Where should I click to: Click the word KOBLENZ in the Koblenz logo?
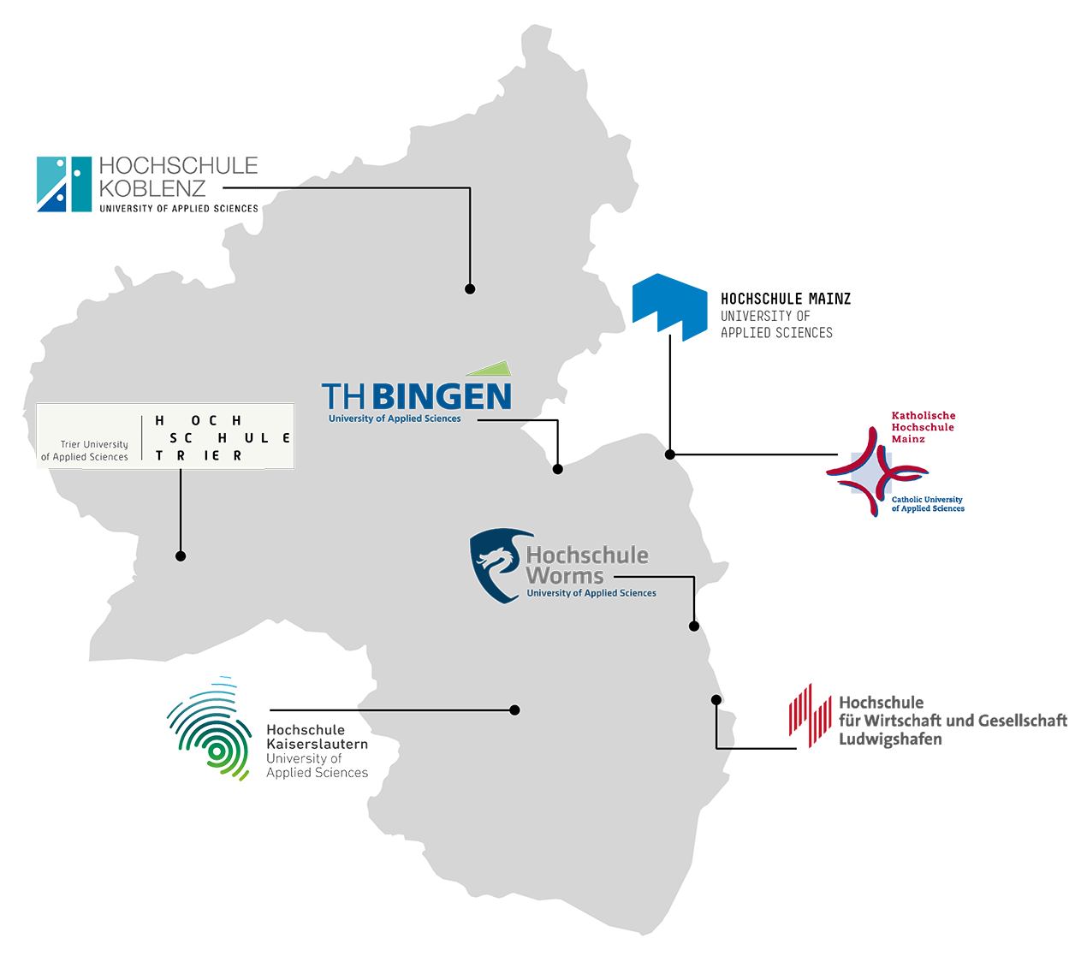pos(152,188)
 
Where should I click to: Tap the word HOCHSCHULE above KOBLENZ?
pos(178,166)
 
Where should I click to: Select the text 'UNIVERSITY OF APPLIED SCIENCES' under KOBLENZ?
pos(178,209)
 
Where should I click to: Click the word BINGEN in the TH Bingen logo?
pos(443,397)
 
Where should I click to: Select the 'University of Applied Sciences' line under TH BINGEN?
pos(395,419)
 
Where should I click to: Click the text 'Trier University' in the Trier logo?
pos(94,444)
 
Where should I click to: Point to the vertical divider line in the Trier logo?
pos(142,437)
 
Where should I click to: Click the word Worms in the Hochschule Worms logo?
pos(565,576)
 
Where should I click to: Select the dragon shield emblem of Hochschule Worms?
pos(496,565)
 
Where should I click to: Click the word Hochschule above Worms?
pos(587,555)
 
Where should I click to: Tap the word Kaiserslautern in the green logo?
pos(317,745)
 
